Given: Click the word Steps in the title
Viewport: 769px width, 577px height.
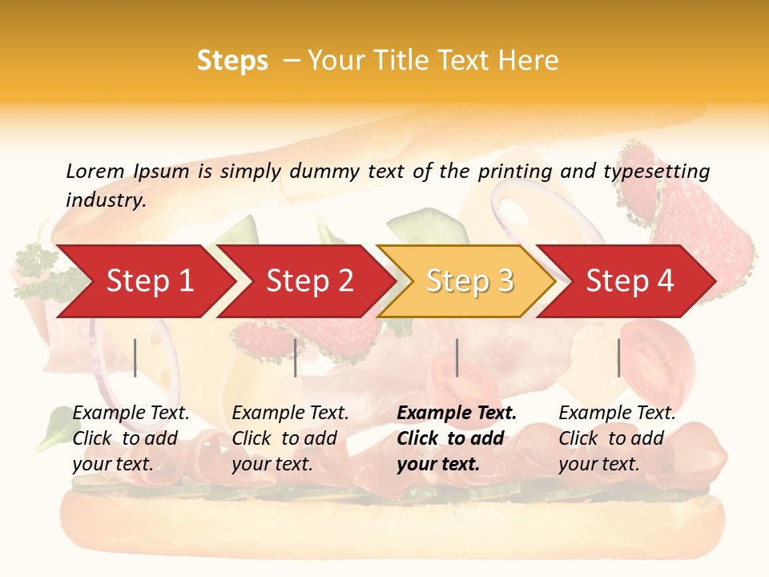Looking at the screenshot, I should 232,61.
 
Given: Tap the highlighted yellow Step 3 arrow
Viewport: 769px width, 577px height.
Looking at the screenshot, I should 469,280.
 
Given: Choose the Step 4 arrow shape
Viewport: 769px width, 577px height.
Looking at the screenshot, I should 630,280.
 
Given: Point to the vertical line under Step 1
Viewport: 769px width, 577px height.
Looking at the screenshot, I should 135,357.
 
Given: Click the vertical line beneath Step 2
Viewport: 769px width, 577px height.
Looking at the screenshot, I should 296,357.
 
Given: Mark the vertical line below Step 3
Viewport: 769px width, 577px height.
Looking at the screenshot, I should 457,357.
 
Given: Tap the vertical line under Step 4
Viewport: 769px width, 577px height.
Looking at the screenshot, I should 618,357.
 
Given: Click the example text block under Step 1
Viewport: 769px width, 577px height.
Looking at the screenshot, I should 131,438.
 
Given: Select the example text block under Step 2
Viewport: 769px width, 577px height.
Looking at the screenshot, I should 290,438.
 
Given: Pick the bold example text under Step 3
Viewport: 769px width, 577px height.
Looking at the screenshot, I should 457,438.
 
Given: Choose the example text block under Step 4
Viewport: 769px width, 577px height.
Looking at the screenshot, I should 617,438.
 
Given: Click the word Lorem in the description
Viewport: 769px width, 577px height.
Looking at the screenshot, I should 95,171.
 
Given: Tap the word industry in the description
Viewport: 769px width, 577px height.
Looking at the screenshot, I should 106,200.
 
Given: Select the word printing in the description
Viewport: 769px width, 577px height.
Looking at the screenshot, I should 515,171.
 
